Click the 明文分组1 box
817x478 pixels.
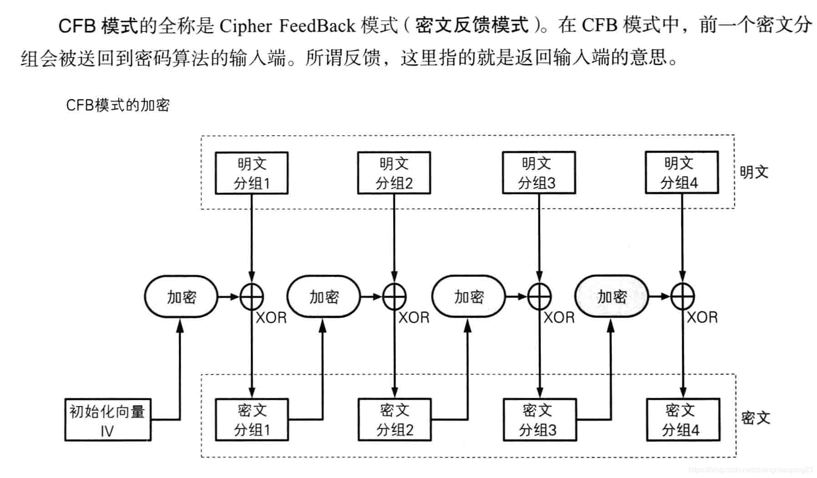pos(251,173)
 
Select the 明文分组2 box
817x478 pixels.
pos(394,173)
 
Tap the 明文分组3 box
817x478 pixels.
pos(538,173)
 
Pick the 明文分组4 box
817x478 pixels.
pos(681,173)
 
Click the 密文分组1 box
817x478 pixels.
pos(252,420)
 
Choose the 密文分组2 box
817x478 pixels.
pos(395,420)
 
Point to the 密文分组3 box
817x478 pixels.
pos(539,420)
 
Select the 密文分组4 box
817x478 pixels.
pos(683,420)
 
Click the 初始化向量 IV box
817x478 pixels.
pos(107,420)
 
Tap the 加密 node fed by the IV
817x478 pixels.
pos(181,297)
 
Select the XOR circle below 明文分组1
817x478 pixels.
pos(252,297)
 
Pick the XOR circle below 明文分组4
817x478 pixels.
pos(682,297)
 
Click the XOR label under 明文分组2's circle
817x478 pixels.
pos(414,317)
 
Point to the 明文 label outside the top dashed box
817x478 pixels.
pos(754,172)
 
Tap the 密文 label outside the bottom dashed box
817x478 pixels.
pos(755,418)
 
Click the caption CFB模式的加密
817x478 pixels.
pos(118,105)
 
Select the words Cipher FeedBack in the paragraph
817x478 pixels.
pos(287,26)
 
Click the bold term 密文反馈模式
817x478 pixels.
pos(472,25)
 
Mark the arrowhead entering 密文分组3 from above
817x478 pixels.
pos(539,392)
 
